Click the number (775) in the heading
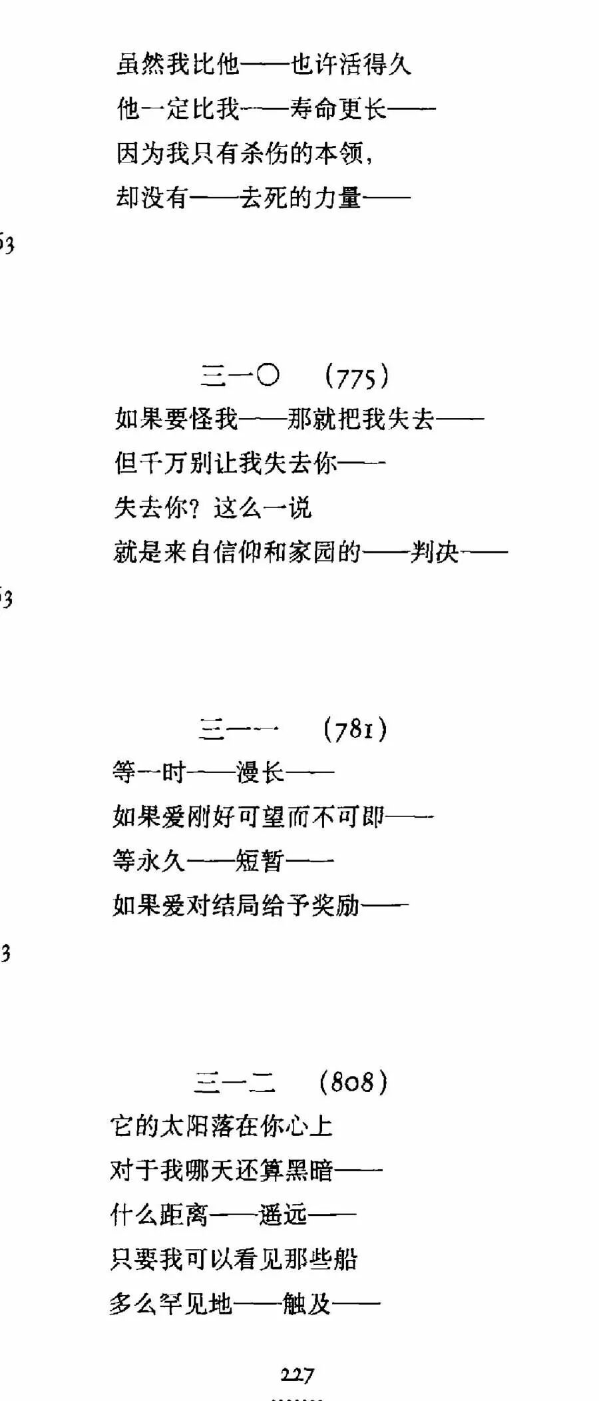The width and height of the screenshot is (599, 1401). (x=357, y=378)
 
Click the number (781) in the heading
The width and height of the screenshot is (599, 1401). (x=355, y=730)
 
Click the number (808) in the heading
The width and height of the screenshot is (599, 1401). (x=353, y=1081)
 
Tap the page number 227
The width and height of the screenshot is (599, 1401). (x=298, y=1374)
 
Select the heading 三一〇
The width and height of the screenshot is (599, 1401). (x=240, y=376)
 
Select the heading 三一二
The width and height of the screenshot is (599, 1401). (x=235, y=1082)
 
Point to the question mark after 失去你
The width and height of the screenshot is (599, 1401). (x=195, y=508)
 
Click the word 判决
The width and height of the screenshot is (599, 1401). (x=435, y=552)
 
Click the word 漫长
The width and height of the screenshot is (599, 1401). (x=260, y=772)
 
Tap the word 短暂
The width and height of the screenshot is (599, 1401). (x=260, y=861)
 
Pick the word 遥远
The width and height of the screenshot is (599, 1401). (x=283, y=1215)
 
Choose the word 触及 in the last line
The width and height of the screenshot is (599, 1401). (x=307, y=1303)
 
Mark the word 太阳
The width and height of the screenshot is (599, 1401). (x=186, y=1126)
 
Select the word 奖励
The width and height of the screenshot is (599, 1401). (x=336, y=905)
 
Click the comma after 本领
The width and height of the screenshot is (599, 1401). (x=369, y=160)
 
